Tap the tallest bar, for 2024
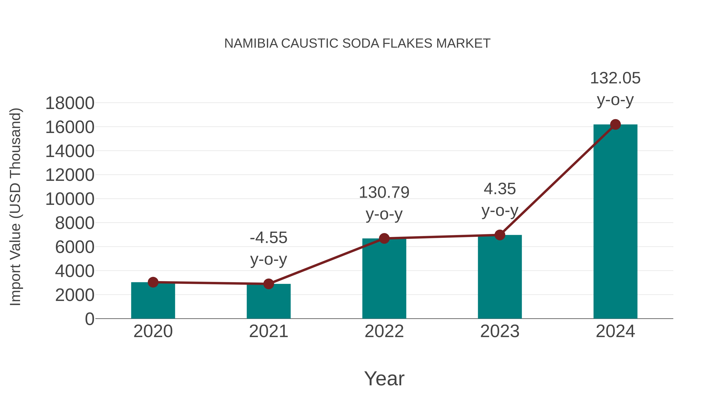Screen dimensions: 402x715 pos(615,222)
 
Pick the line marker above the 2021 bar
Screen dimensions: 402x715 pos(268,284)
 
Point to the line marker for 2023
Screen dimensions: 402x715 pos(500,235)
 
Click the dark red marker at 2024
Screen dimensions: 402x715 pos(615,124)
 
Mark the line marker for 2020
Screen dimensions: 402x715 pos(153,282)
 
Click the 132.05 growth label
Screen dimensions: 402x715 pos(615,78)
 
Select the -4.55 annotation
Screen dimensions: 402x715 pos(268,238)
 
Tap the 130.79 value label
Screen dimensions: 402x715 pos(384,193)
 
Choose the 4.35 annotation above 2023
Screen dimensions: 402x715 pos(500,189)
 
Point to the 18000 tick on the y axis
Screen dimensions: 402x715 pos(70,103)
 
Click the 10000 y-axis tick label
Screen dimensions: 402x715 pos(70,199)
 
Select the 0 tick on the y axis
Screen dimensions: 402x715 pos(89,319)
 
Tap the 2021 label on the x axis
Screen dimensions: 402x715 pos(268,331)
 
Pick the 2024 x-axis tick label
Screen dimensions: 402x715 pos(615,331)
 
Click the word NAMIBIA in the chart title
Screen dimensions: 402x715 pos(251,43)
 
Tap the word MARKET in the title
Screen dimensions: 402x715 pos(463,43)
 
